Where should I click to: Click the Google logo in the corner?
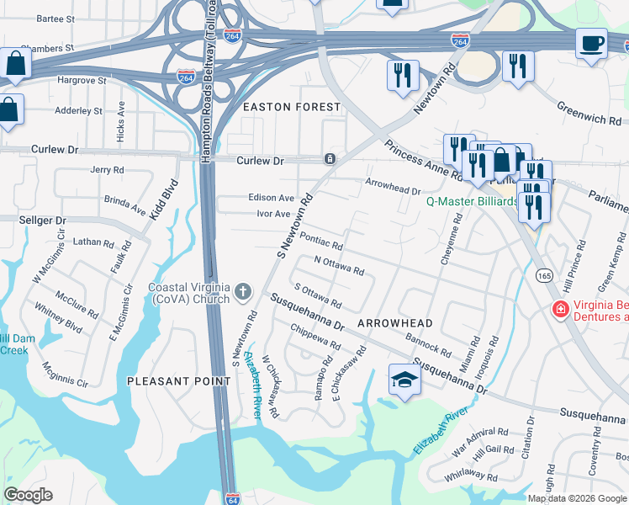[29, 495]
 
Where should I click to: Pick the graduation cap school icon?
[404, 379]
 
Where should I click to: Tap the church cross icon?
[243, 292]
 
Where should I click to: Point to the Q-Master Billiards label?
[472, 201]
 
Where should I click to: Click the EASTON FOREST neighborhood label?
[292, 107]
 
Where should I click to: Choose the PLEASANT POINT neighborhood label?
[178, 381]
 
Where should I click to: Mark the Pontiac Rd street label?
[321, 242]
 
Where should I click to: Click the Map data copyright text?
[577, 498]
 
